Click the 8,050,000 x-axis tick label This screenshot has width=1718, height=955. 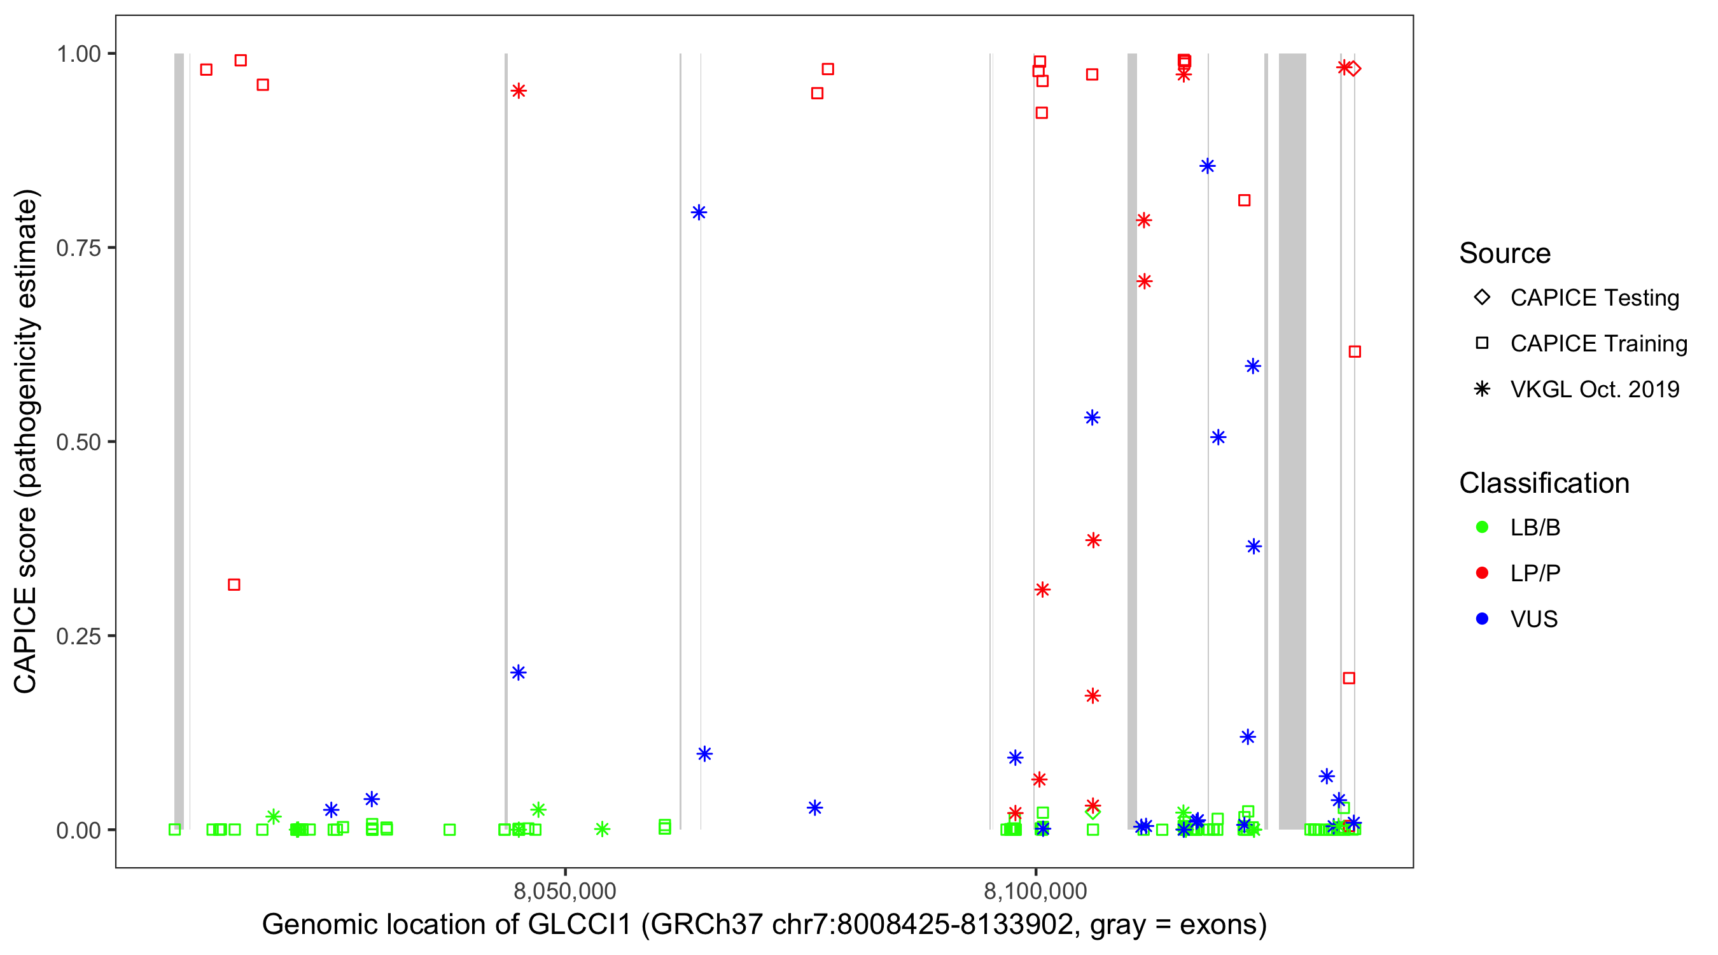click(564, 891)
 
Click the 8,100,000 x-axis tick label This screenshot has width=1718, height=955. click(1035, 891)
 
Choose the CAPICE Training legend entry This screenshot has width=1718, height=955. click(1598, 344)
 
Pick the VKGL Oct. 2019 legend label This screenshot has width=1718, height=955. click(1594, 390)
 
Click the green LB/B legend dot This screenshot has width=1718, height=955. click(1482, 527)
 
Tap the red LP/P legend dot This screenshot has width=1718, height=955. click(1482, 573)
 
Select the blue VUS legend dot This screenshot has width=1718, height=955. click(1482, 619)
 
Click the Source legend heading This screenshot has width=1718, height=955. click(1504, 253)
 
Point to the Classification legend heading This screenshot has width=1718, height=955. click(1543, 483)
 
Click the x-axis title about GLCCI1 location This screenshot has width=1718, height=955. click(764, 925)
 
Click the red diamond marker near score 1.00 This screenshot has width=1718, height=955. click(1353, 69)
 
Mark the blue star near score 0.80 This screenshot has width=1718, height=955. click(698, 213)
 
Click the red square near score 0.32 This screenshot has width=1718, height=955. click(234, 584)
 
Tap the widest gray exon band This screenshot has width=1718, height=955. click(1292, 441)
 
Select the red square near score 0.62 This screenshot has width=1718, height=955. click(1354, 351)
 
